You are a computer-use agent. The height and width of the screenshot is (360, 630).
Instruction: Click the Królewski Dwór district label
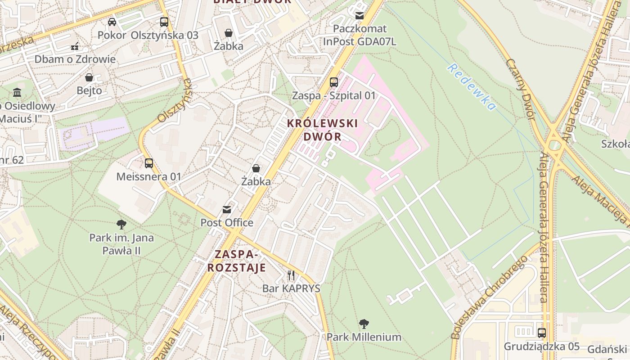(x=323, y=130)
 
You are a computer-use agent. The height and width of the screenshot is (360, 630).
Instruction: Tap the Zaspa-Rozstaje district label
(x=236, y=261)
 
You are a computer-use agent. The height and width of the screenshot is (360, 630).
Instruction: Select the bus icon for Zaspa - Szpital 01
(x=333, y=82)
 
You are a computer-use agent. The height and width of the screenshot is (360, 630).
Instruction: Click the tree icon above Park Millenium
(x=364, y=324)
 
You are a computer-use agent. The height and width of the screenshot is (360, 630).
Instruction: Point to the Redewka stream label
(x=471, y=87)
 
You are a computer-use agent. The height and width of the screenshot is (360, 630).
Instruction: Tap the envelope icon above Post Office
(x=227, y=210)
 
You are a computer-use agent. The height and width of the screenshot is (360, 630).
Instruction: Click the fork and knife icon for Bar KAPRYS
(x=291, y=275)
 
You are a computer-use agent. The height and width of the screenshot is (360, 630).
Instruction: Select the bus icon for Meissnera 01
(x=148, y=163)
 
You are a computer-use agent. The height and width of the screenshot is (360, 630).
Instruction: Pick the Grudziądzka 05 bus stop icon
(x=542, y=333)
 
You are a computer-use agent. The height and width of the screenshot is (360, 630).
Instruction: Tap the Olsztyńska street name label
(x=175, y=101)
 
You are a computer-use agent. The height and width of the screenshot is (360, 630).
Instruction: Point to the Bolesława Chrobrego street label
(x=489, y=298)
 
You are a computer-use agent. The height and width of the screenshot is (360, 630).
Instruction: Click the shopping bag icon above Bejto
(x=89, y=77)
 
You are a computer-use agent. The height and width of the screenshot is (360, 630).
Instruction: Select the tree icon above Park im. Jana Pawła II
(x=121, y=225)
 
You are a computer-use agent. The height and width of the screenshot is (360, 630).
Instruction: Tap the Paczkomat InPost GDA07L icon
(x=359, y=16)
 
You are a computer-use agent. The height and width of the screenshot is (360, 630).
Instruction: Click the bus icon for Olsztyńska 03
(x=164, y=22)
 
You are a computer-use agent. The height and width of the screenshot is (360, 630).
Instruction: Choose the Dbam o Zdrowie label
(x=75, y=59)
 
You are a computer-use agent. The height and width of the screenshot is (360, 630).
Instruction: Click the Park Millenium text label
(x=364, y=337)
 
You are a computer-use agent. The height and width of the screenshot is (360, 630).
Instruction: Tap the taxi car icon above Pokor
(x=112, y=22)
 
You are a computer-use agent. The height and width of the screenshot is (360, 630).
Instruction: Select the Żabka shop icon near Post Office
(x=256, y=168)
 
